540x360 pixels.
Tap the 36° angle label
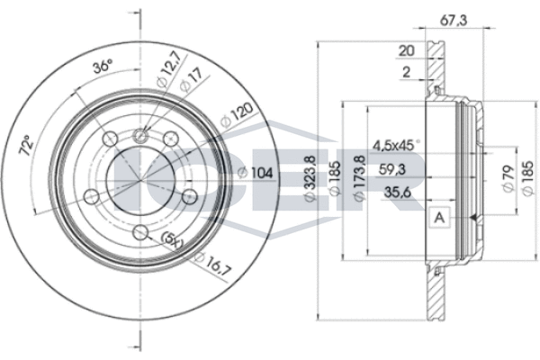(x=104, y=66)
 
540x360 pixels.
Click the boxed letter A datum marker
(x=440, y=217)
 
